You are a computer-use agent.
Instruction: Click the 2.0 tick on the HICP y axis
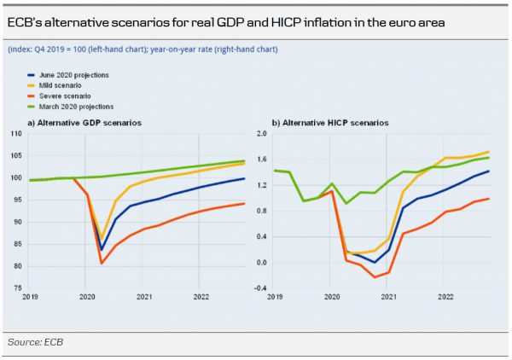(x=261, y=134)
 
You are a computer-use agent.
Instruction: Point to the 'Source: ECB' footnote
(x=35, y=341)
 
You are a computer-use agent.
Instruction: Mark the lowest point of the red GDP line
(x=102, y=263)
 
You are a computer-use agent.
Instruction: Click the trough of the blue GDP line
(x=102, y=250)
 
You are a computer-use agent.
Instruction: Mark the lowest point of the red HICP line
(x=375, y=277)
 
